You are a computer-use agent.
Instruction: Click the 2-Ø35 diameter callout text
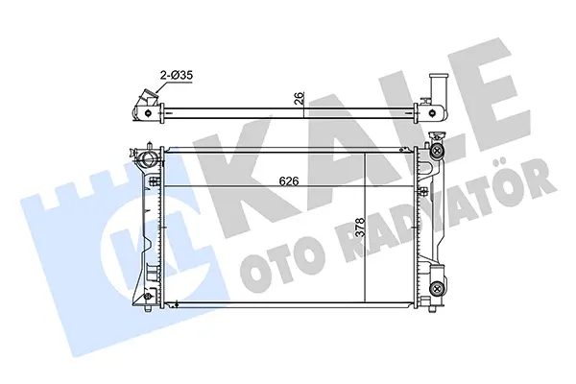tap(177, 76)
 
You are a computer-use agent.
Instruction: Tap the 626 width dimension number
tap(289, 180)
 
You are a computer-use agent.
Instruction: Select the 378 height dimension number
tap(360, 228)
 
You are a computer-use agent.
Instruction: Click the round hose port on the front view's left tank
tap(149, 160)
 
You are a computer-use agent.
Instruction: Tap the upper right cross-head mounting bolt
tap(437, 150)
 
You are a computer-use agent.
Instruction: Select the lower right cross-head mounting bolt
tap(437, 287)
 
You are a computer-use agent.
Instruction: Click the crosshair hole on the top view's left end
tap(148, 113)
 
